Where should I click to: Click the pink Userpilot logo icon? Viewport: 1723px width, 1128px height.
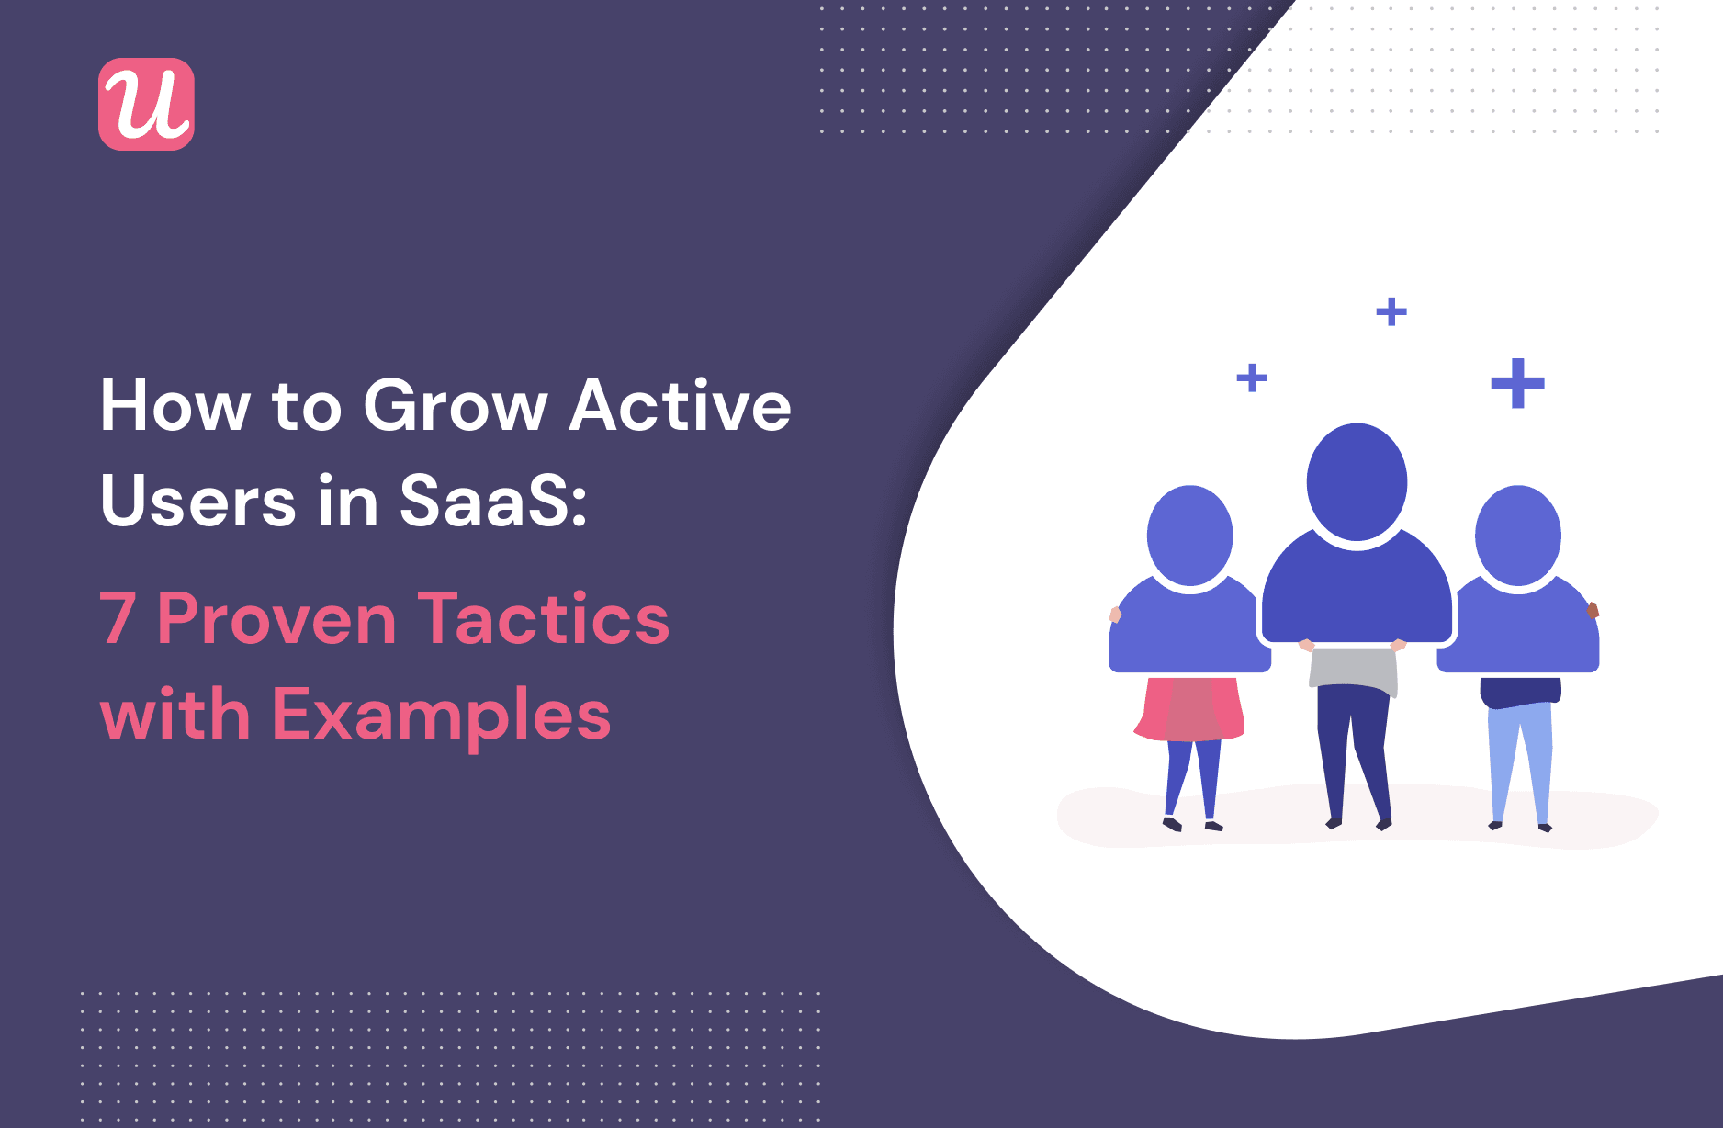[146, 104]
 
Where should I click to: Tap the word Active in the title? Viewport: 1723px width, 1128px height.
[681, 405]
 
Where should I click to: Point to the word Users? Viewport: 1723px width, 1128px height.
[198, 501]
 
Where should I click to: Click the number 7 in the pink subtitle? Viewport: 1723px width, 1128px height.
[118, 619]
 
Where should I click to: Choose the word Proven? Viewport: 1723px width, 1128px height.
[276, 619]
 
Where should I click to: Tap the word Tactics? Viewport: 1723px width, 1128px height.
[544, 619]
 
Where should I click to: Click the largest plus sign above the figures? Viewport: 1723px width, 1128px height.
[1517, 383]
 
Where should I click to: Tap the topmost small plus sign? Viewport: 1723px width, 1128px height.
[1391, 312]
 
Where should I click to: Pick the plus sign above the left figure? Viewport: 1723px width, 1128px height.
[1252, 378]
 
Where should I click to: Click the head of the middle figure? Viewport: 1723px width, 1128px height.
[1357, 481]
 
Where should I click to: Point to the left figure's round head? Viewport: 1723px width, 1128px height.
[1190, 535]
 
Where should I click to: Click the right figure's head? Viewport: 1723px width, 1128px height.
[1518, 535]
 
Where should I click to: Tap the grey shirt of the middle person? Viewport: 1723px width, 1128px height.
[1353, 669]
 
